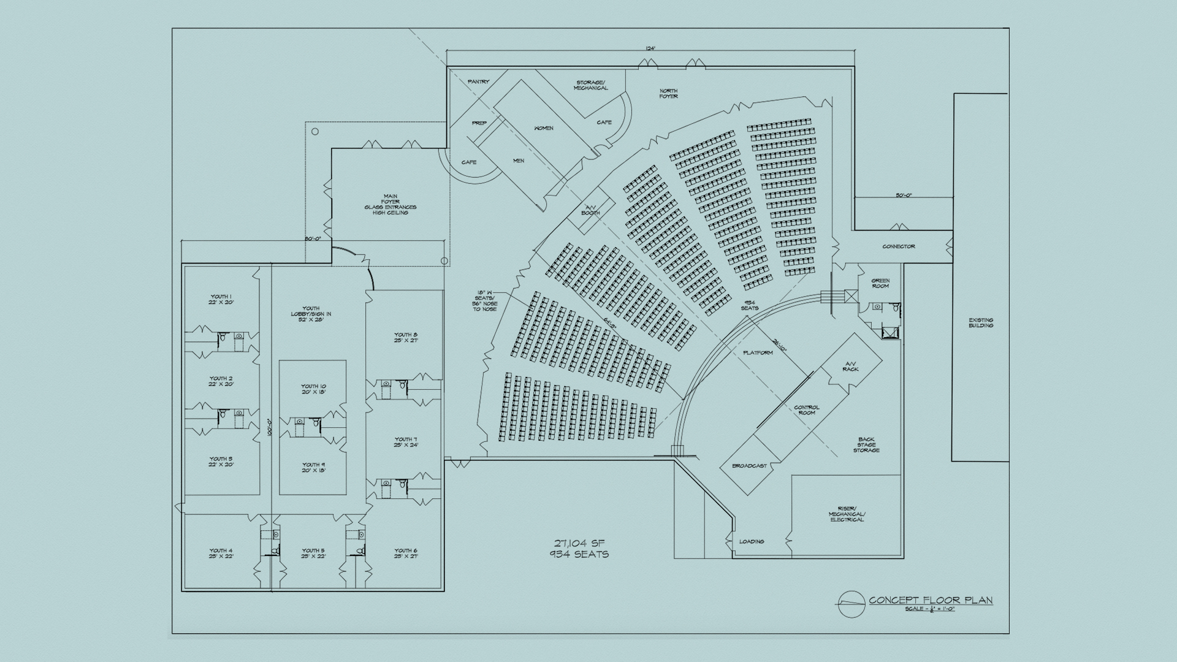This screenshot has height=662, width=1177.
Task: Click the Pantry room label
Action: (x=478, y=82)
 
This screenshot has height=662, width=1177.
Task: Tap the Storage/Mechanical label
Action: (x=590, y=85)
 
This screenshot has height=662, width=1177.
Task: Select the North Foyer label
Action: (x=668, y=94)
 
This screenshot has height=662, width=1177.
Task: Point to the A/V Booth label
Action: (x=590, y=210)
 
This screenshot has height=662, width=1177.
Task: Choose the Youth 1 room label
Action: (x=221, y=300)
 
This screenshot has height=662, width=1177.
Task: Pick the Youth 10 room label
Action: (x=313, y=389)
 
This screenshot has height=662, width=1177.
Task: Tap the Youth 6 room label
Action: (x=406, y=554)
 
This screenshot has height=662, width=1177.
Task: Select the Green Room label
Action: (x=880, y=283)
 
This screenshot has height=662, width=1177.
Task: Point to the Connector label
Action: (x=899, y=246)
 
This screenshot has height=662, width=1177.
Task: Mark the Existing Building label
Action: (x=981, y=322)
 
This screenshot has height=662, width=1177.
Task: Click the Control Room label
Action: (x=807, y=410)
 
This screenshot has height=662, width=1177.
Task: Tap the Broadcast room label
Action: (x=749, y=466)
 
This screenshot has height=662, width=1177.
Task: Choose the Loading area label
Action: (x=752, y=541)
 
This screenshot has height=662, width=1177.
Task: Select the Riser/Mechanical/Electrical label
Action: (x=847, y=514)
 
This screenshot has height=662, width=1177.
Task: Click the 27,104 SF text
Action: (x=580, y=543)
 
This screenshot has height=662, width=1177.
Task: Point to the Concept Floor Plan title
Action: (x=931, y=600)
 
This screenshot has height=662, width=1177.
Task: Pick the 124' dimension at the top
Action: (x=650, y=48)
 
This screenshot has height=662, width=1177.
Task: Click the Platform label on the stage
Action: (x=758, y=353)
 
